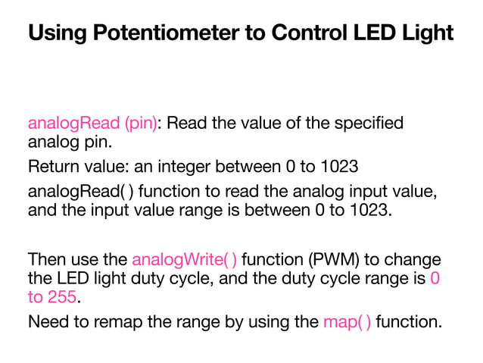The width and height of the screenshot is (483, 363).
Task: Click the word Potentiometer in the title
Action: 166,32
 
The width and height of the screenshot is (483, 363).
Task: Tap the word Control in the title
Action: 310,32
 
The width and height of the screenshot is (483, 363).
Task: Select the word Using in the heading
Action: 58,33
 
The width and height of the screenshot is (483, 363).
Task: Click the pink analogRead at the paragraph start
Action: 74,124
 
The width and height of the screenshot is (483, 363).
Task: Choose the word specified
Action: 369,124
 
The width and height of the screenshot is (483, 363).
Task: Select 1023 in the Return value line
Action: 339,166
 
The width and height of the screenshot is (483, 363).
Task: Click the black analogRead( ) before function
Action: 81,192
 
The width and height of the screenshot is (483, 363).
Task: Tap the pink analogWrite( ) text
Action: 185,260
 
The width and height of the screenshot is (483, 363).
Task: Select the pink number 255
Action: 62,297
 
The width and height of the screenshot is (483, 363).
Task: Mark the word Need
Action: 48,321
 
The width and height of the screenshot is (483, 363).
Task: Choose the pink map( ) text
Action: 347,322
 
